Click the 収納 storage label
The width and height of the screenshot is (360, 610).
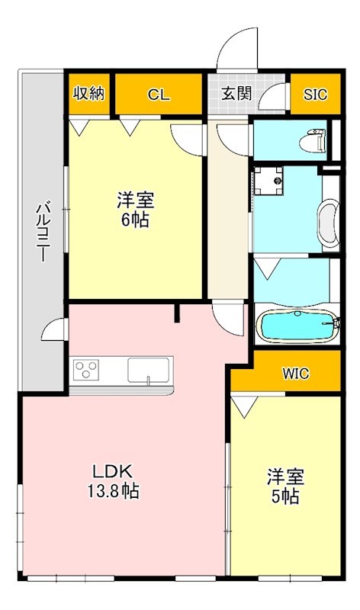[89, 95]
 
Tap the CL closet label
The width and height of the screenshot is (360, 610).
[159, 95]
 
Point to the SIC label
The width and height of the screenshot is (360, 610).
[315, 95]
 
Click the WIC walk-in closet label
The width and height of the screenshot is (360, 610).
[294, 374]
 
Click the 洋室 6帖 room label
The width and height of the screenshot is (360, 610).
[136, 210]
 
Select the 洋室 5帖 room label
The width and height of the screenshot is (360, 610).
[285, 486]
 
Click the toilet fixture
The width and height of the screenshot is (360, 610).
[313, 141]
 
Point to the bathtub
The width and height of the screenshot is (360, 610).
[297, 326]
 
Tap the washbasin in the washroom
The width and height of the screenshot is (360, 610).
[329, 225]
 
